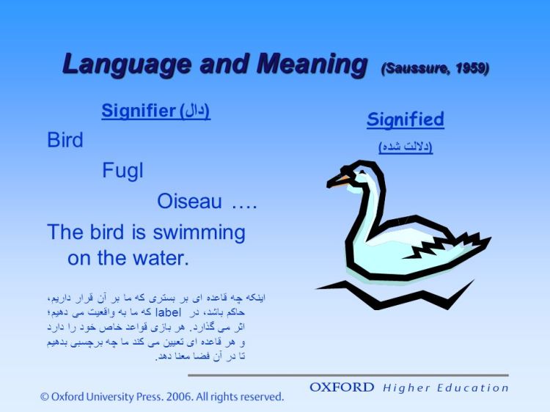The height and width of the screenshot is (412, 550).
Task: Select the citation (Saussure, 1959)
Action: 435,69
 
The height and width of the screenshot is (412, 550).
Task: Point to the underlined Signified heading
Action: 406,119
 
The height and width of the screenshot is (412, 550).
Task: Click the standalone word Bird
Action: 65,140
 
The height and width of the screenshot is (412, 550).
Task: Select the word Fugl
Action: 122,171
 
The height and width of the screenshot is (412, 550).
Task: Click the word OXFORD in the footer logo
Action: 342,387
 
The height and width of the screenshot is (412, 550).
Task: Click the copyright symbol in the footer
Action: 45,397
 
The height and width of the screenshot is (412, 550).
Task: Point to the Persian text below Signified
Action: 406,147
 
